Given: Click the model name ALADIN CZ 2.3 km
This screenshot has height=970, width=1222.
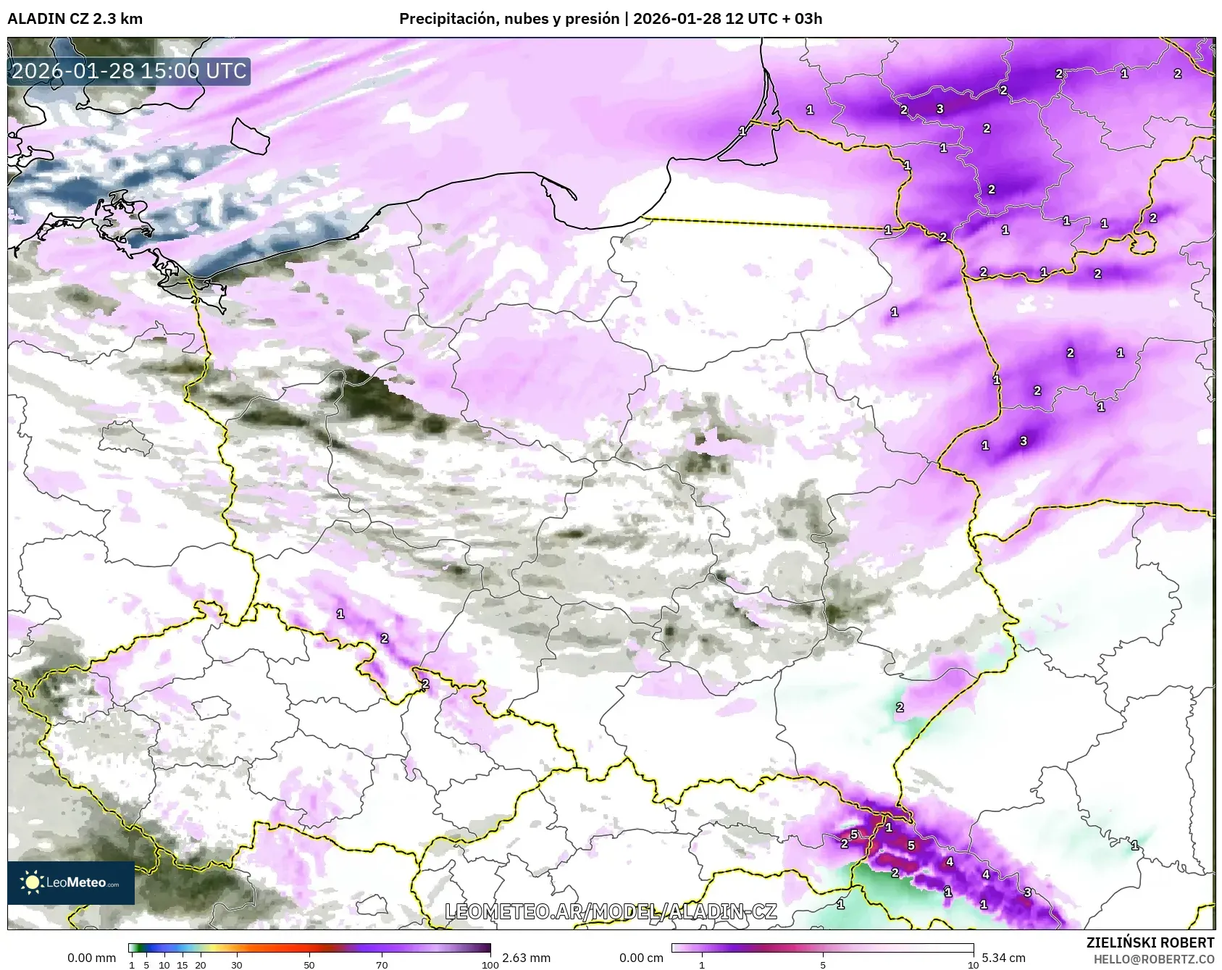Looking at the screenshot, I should [75, 19].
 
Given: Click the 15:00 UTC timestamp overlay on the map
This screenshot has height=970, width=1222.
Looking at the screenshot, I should [129, 71].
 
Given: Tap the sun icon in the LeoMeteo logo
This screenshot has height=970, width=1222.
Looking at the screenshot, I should [32, 882].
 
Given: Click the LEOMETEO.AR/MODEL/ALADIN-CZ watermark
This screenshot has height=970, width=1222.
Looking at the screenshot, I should [610, 911].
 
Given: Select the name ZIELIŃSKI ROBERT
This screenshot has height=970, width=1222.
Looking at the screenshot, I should [1150, 942].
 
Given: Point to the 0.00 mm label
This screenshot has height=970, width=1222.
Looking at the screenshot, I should [91, 958].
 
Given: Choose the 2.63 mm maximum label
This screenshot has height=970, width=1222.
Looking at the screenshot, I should [526, 958].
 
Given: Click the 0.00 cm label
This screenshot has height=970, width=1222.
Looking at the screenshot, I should [641, 958].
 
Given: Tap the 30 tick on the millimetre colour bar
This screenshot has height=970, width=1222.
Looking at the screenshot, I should [237, 964].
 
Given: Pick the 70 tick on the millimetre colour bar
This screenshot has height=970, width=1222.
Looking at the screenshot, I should [382, 964].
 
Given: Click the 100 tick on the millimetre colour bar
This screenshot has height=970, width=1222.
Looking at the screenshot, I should [490, 964].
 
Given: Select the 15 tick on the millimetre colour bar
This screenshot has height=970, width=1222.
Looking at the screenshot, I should [183, 964].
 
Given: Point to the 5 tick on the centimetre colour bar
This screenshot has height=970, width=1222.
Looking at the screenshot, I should [823, 964].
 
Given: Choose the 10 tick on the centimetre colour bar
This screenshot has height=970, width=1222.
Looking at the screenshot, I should [973, 964].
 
